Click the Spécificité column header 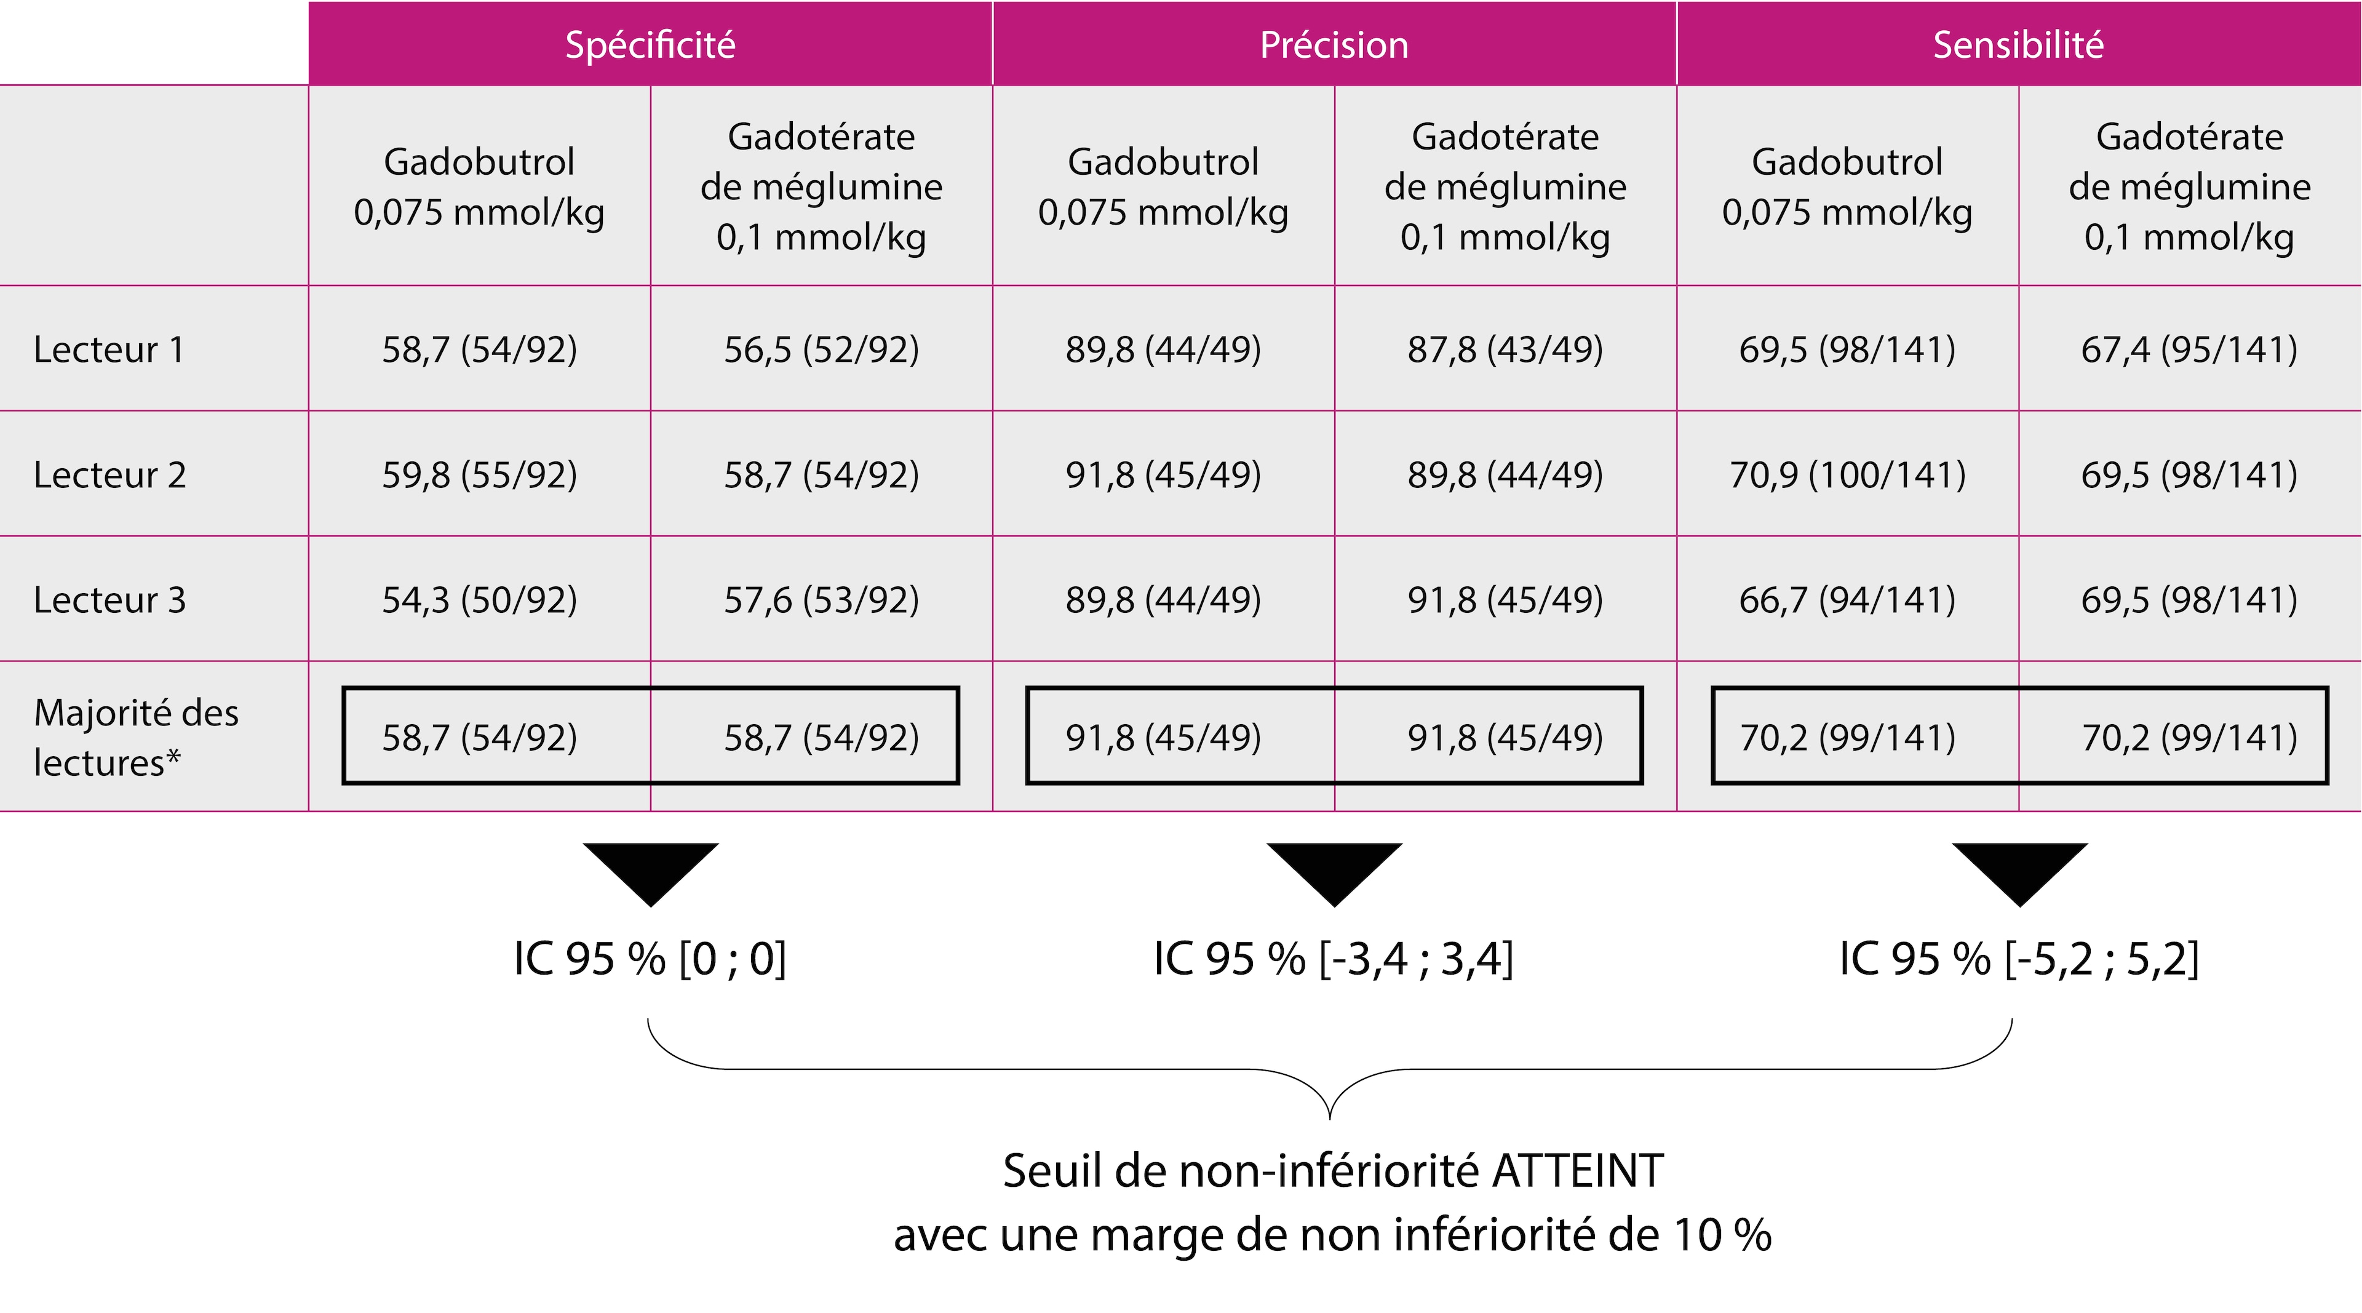650,44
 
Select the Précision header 1334,44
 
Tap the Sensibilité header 2018,44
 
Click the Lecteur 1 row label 109,349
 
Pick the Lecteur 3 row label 110,600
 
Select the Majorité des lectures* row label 136,737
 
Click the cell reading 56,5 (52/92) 822,349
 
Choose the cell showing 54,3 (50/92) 480,600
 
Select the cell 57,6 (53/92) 822,600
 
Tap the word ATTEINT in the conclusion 1577,1171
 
